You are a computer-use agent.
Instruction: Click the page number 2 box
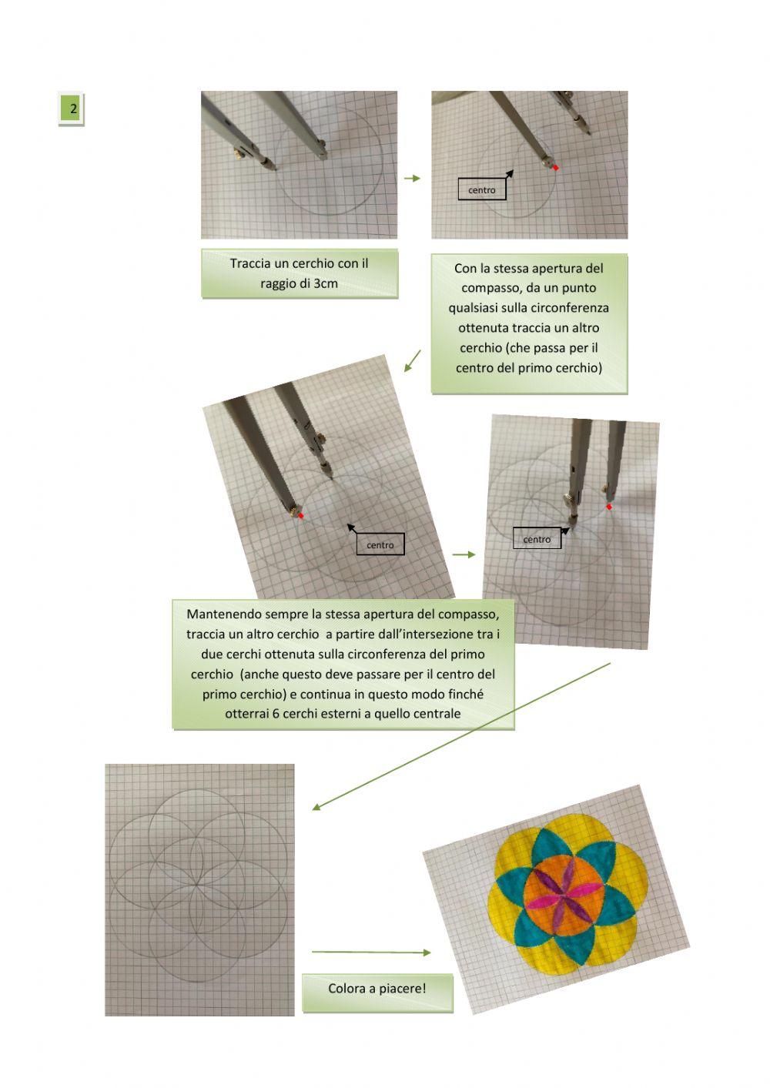[x=72, y=109]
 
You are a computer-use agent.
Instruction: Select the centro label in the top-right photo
[x=482, y=190]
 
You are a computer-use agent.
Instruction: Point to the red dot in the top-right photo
[x=555, y=167]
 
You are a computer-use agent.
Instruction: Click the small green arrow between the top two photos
[x=413, y=178]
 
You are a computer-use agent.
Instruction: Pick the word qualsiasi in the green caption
[x=476, y=308]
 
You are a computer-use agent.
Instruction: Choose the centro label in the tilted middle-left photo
[x=380, y=545]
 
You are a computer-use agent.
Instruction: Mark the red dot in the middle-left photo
[x=301, y=515]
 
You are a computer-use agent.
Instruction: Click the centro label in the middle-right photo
[x=537, y=539]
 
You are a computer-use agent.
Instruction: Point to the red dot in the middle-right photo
[x=609, y=507]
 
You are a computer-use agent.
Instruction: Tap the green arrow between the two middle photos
[x=464, y=554]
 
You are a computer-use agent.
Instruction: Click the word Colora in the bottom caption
[x=347, y=989]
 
